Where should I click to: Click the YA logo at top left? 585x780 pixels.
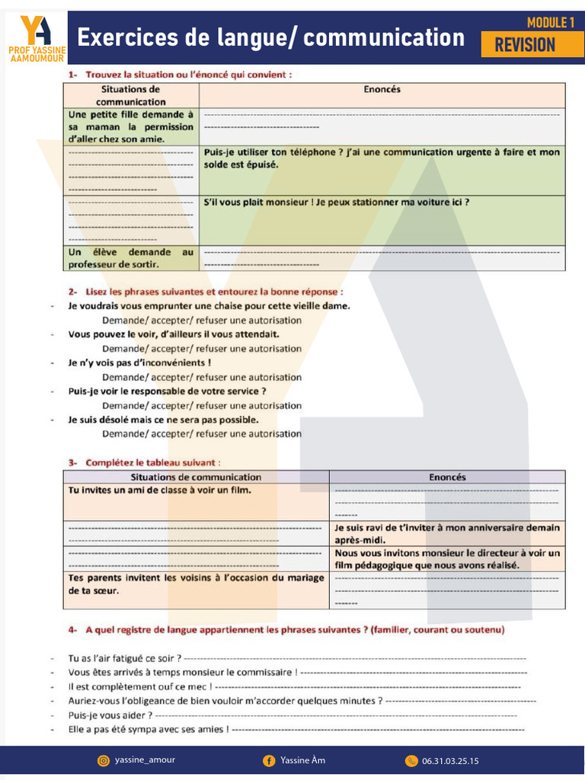35,30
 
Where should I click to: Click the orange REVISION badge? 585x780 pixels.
525,45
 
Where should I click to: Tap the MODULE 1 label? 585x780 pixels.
550,23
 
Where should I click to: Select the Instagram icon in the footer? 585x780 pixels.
104,760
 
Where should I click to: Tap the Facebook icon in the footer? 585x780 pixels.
269,760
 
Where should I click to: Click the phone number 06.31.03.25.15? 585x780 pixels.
450,760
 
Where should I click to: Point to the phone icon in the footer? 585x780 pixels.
411,760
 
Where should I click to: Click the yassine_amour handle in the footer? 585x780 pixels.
145,759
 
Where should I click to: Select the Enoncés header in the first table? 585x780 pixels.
382,90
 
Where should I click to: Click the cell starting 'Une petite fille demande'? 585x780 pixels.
131,126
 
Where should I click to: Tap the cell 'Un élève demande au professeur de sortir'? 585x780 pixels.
131,257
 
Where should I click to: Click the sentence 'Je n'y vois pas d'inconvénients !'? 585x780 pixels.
139,363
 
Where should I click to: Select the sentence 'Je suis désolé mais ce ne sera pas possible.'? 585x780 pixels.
163,420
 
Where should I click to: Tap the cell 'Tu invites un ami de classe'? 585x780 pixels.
160,491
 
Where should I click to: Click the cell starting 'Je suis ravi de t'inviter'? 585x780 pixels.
446,533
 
